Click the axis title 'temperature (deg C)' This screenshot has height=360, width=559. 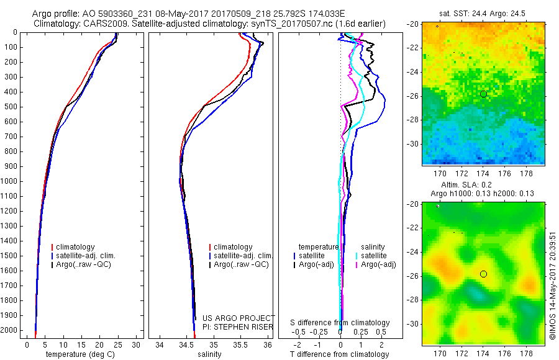81,354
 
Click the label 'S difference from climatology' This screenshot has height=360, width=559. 340,323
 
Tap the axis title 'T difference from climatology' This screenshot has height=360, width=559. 340,354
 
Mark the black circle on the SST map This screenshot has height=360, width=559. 483,94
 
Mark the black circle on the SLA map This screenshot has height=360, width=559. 483,274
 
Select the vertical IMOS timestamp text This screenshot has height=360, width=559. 552,273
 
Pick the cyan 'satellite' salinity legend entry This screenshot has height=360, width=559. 371,256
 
